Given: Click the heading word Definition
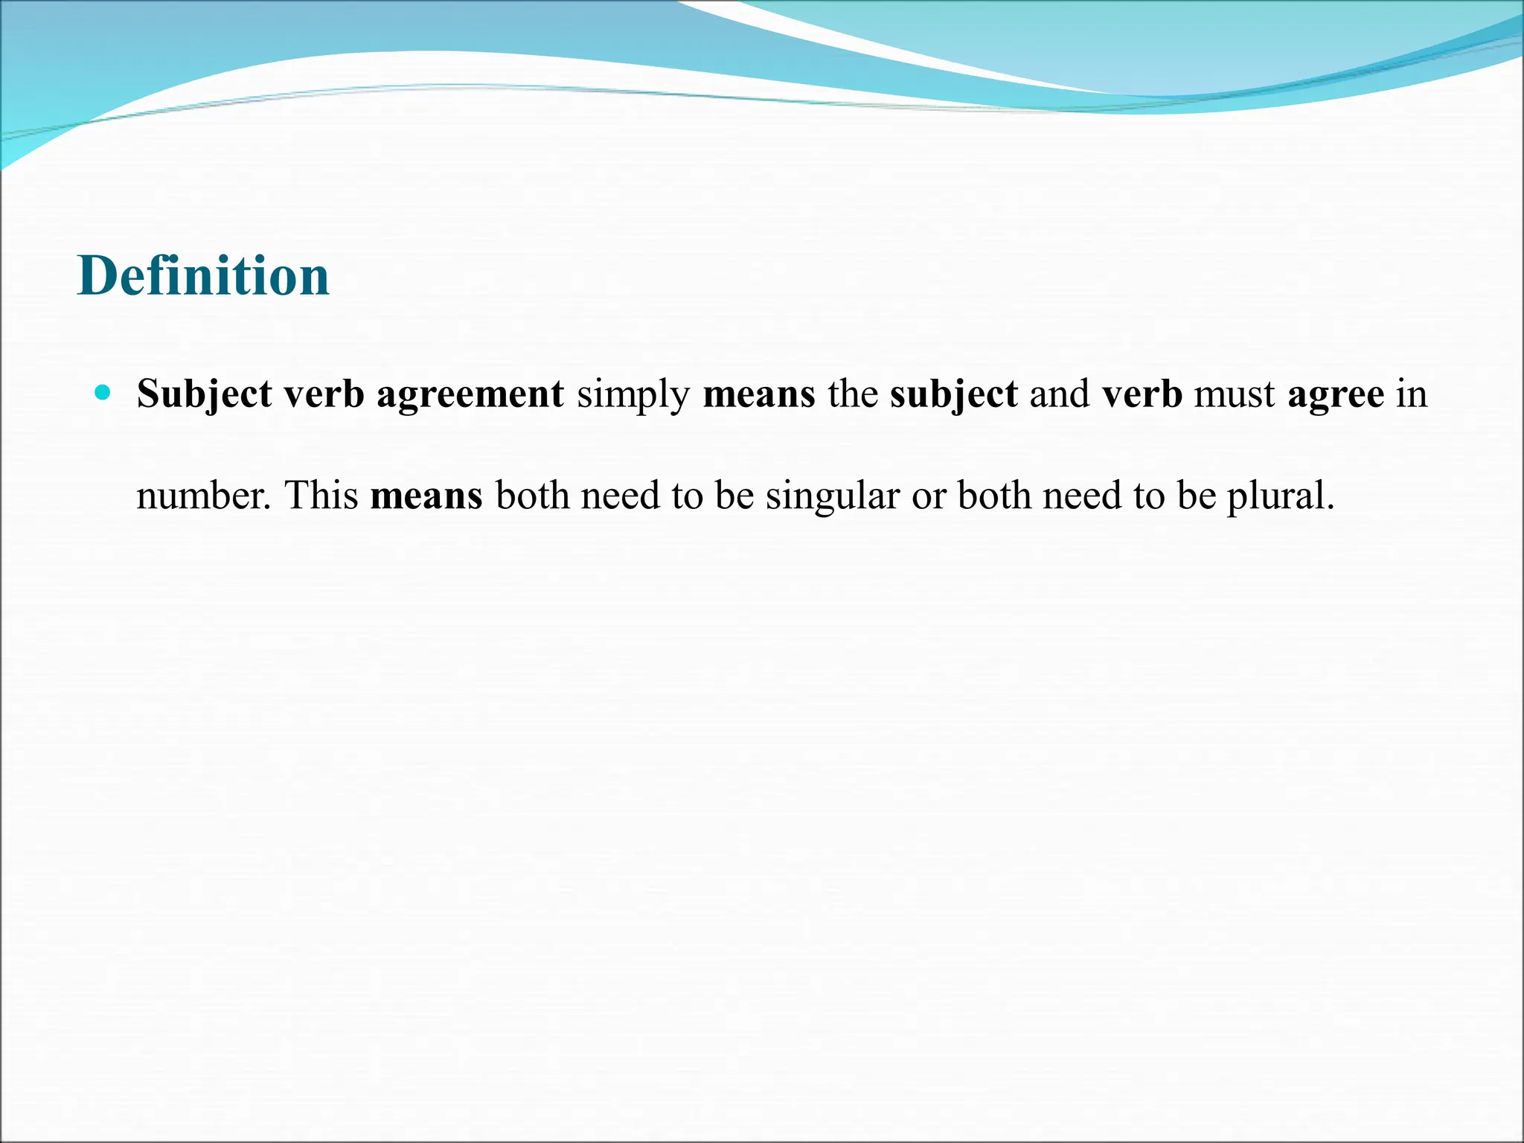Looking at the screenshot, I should [203, 276].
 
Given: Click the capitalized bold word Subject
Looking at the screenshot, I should [204, 394].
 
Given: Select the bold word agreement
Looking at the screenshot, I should [470, 394].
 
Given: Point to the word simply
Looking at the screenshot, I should [633, 394].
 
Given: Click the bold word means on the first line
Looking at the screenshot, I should [758, 394].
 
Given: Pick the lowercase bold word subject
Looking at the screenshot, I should [953, 394].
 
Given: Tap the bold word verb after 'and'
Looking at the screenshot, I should [1142, 394].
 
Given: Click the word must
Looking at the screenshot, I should [1235, 394].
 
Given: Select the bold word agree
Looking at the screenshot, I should [1336, 394].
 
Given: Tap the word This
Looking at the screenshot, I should [321, 496].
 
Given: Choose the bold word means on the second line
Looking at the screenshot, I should [426, 496].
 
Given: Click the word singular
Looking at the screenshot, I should [832, 496].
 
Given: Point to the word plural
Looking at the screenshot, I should [1280, 496].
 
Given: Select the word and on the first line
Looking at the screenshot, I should [1060, 394].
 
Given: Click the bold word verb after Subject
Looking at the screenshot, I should [324, 394].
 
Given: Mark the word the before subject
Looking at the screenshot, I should [852, 394].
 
